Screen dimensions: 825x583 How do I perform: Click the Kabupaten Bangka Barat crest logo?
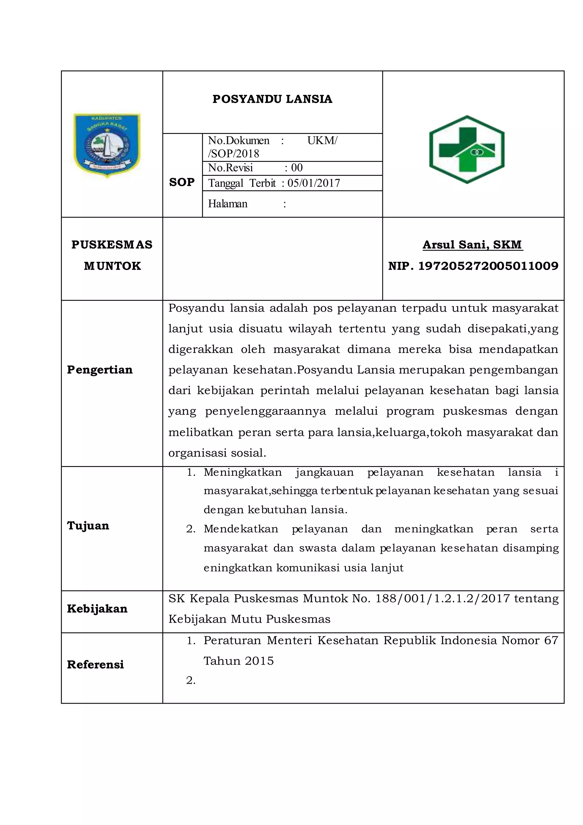[107, 145]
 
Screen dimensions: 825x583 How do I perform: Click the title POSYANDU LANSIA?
[272, 99]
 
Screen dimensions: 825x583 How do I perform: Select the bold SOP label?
[182, 182]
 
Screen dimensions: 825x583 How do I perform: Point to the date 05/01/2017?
[314, 183]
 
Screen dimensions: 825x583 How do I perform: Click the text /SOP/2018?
[233, 154]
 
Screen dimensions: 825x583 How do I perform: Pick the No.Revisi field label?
[231, 168]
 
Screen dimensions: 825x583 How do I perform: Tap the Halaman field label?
[228, 204]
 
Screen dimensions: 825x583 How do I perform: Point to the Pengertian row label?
[100, 370]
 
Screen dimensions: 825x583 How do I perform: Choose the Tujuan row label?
[88, 526]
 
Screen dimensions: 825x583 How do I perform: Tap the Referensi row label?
[95, 664]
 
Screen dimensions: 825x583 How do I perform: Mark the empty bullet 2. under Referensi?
[191, 681]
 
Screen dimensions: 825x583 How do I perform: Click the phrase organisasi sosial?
[217, 453]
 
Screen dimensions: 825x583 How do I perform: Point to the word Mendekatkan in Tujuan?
[241, 529]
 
